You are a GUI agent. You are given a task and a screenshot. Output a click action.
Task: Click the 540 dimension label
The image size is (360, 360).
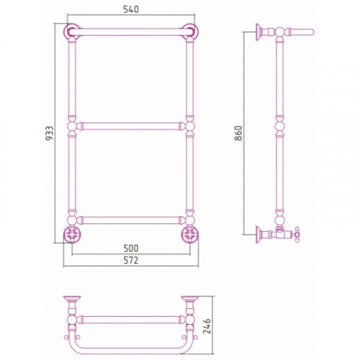[x=131, y=9]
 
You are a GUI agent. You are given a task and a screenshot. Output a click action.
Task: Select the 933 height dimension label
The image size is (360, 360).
[x=50, y=133]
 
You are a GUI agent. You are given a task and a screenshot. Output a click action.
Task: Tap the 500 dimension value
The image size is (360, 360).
[x=131, y=248]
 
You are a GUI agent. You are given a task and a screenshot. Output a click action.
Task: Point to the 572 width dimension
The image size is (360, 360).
[x=131, y=260]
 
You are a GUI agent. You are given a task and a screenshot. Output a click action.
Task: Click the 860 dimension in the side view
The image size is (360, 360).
[x=238, y=132]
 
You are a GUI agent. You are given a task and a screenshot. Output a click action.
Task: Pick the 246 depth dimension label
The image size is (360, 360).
[x=207, y=326]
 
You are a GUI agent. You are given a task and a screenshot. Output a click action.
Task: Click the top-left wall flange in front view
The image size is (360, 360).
[x=72, y=32]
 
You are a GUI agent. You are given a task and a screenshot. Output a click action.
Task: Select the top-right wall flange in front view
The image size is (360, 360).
[x=190, y=32]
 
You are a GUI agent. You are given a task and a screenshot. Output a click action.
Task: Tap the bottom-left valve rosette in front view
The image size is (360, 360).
[x=72, y=234]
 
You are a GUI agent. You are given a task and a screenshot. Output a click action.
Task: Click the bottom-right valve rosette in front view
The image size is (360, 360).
[x=190, y=234]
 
